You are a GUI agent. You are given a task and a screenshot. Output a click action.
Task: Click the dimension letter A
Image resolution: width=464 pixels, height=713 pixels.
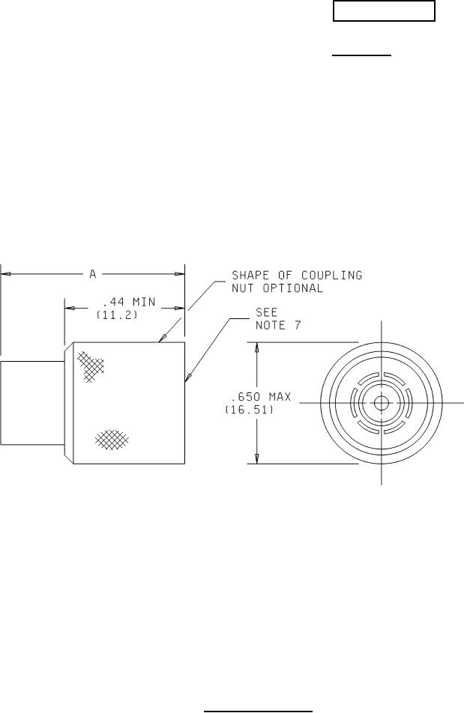[93, 274]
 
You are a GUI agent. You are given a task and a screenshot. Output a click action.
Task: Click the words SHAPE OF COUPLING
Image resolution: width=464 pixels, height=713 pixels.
[297, 275]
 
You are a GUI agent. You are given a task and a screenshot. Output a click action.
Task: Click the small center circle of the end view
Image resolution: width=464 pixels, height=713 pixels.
[382, 403]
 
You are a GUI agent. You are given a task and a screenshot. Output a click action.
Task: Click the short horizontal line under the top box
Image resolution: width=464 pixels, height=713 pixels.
[362, 55]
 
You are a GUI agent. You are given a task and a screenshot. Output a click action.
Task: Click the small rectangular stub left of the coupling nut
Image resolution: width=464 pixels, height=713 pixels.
[30, 403]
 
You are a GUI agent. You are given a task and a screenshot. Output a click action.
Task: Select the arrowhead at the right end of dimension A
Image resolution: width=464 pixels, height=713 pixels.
[180, 274]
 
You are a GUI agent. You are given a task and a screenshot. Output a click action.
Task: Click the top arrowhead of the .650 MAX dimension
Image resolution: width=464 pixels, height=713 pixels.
[258, 349]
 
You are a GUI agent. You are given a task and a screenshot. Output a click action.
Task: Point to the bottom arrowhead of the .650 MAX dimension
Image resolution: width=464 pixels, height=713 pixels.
[258, 458]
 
